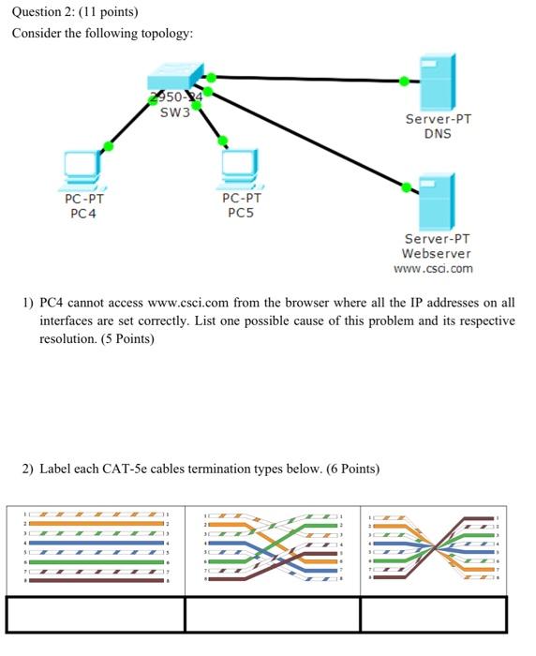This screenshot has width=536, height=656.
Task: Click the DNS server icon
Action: pyautogui.click(x=437, y=82)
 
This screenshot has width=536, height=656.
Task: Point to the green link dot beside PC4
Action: pyautogui.click(x=109, y=145)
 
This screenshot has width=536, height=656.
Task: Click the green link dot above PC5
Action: pyautogui.click(x=222, y=142)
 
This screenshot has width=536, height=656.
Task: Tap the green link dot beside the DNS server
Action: pyautogui.click(x=404, y=82)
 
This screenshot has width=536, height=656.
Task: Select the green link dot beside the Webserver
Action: pyautogui.click(x=406, y=187)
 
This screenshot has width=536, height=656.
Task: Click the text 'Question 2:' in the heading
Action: pyautogui.click(x=44, y=12)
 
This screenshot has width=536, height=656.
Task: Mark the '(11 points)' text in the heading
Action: pyautogui.click(x=110, y=12)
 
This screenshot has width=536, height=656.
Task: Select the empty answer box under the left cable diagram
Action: pyautogui.click(x=96, y=615)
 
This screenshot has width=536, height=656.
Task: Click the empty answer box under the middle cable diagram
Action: pyautogui.click(x=272, y=615)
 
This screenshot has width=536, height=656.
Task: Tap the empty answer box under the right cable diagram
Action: pyautogui.click(x=433, y=615)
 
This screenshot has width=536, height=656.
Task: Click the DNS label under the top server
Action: pyautogui.click(x=437, y=133)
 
